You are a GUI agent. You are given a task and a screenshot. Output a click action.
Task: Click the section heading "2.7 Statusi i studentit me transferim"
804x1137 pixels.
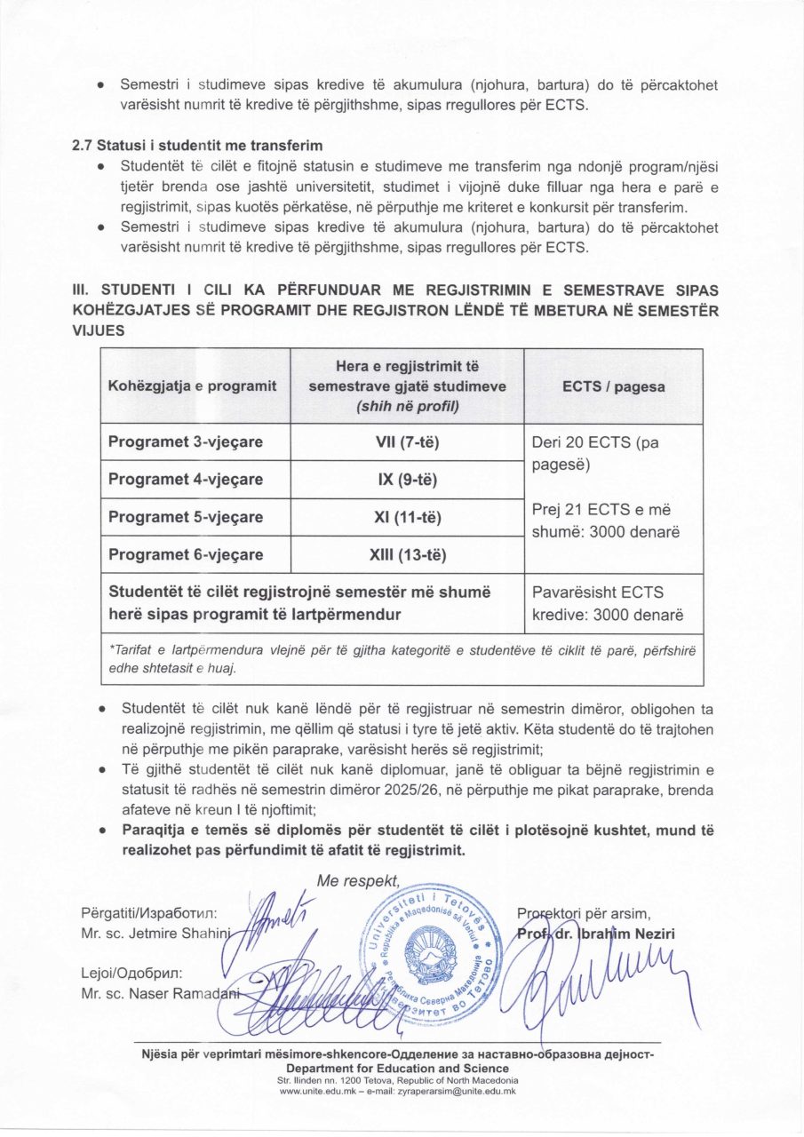tap(196, 145)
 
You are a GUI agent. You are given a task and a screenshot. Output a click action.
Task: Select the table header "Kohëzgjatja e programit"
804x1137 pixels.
tap(193, 386)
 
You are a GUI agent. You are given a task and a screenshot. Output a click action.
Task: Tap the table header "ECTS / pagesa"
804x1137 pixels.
tap(613, 386)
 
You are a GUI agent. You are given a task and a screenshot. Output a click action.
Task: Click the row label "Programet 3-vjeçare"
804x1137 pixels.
tap(186, 441)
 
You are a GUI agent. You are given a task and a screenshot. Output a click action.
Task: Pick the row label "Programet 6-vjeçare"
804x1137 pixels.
tap(186, 554)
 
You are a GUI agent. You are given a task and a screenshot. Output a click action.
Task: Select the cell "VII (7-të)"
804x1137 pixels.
tap(407, 441)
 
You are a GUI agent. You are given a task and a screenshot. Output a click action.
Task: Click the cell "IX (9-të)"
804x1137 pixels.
tap(407, 480)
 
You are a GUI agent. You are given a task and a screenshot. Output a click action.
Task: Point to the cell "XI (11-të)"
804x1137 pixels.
tap(407, 517)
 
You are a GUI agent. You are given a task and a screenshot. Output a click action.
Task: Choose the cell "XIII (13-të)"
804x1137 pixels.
tap(407, 555)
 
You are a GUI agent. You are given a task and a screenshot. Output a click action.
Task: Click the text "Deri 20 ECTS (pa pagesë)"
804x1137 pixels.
tap(595, 453)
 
